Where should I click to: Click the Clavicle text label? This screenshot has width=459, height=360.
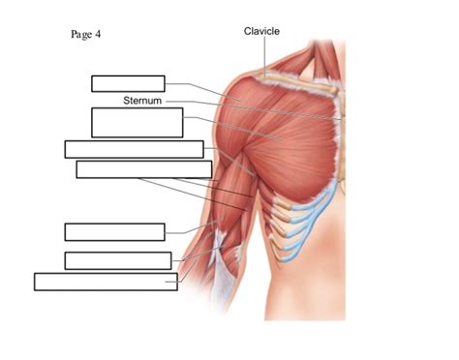point(261,32)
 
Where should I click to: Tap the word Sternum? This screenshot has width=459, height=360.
point(142,100)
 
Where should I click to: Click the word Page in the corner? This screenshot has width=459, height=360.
point(80,35)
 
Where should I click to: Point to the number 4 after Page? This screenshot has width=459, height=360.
point(98,35)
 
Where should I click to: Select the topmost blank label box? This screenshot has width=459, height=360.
point(128,83)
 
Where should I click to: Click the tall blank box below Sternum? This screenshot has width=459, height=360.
point(137,123)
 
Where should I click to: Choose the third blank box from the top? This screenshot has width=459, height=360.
point(134,149)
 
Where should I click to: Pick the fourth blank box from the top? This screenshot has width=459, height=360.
point(143,169)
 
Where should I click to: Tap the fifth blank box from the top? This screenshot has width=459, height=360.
point(114,232)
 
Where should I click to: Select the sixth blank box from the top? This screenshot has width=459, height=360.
point(117,260)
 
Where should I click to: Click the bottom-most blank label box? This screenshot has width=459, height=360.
point(106,282)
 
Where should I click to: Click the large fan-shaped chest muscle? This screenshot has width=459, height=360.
point(291,145)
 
